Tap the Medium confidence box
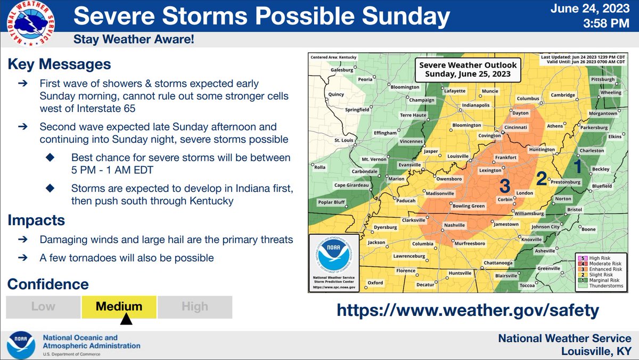point(119,307)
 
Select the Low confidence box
point(43,307)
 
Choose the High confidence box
point(195,307)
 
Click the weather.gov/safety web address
point(468,309)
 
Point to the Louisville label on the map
point(454,158)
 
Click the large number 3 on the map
point(505,185)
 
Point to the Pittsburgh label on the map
point(603,79)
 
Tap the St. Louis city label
point(344,140)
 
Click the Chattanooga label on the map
point(498,263)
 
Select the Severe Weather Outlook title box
point(469,70)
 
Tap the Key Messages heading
point(59,64)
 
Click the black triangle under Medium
point(126,319)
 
